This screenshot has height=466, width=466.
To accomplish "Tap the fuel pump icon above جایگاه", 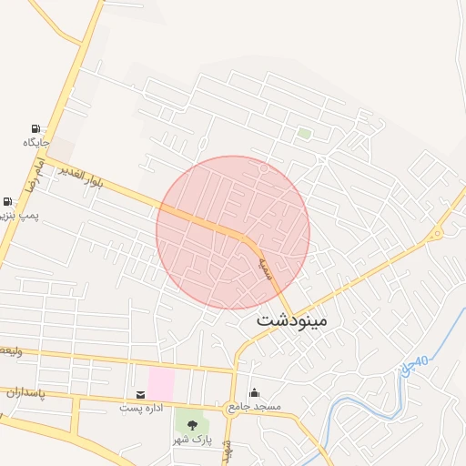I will click(x=35, y=128).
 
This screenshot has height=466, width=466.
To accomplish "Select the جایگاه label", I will click(x=35, y=143).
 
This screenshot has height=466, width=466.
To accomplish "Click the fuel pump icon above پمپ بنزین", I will click(x=8, y=202).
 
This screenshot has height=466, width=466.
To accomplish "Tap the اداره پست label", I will click(x=141, y=408).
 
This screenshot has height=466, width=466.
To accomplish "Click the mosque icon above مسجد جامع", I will click(x=254, y=392).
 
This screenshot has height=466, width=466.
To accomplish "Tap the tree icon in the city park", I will click(x=191, y=423).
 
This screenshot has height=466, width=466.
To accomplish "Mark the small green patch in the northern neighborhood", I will click(x=304, y=134).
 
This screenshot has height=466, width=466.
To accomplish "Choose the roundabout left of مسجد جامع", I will click(x=233, y=407).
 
